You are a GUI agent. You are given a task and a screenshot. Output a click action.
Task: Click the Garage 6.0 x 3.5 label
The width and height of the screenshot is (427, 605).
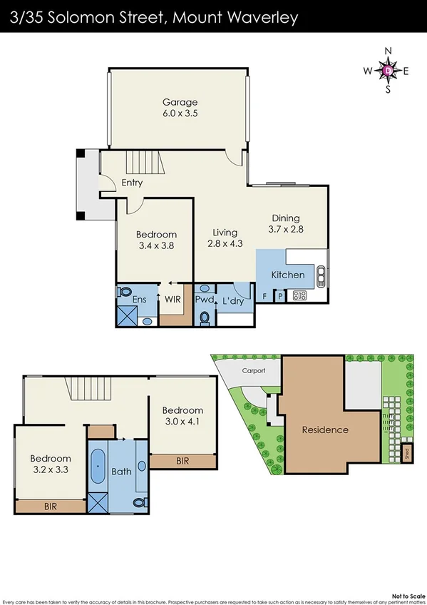tap(180, 108)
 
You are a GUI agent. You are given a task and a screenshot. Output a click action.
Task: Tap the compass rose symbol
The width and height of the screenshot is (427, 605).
tap(388, 70)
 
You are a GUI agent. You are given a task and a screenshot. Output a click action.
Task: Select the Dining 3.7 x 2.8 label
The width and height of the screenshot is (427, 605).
tap(286, 224)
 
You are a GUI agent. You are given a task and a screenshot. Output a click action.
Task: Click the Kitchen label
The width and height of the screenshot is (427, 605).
tap(288, 275)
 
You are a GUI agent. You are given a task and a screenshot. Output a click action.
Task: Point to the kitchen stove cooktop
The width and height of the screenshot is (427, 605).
tap(300, 295)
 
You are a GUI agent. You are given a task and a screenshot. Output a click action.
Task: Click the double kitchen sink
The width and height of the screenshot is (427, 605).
tap(321, 274)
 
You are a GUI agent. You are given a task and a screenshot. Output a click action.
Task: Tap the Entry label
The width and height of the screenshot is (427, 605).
tap(132, 183)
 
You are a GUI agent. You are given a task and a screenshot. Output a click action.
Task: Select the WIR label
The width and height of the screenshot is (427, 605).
tap(173, 300)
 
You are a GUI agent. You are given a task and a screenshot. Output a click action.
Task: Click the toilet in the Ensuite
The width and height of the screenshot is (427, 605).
tap(124, 293)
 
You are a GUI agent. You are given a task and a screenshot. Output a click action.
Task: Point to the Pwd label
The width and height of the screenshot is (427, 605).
tap(204, 300)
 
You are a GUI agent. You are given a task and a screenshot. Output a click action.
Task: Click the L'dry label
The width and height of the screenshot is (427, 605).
tap(233, 300)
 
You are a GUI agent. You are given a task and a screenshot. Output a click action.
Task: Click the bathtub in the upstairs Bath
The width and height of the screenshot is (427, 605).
tap(98, 467)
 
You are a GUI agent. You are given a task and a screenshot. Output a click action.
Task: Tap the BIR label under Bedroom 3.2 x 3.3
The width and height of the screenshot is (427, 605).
tap(50, 506)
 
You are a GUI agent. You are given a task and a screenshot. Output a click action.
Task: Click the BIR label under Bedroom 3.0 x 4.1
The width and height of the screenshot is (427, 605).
tap(182, 462)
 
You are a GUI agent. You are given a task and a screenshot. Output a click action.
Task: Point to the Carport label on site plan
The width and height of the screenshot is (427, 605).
tap(253, 371)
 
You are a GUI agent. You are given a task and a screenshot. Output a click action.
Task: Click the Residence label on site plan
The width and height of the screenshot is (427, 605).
tap(325, 429)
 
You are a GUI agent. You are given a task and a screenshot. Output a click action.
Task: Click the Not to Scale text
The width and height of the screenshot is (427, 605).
tap(406, 594)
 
